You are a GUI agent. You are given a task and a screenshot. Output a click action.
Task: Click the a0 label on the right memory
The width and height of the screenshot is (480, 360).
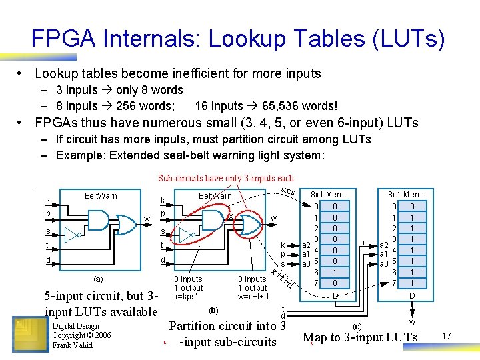pyautogui.click(x=384, y=264)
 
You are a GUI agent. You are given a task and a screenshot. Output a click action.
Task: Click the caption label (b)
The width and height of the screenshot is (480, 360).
pyautogui.click(x=213, y=310)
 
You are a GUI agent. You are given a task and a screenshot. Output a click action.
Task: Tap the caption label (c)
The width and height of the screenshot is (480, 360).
pyautogui.click(x=357, y=326)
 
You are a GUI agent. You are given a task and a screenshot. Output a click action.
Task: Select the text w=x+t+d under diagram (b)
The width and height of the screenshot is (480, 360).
pyautogui.click(x=253, y=296)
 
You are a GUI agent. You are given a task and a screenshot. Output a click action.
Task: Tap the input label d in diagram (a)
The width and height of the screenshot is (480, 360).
pyautogui.click(x=47, y=259)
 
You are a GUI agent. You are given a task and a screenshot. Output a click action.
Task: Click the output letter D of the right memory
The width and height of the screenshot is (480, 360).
pyautogui.click(x=412, y=295)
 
